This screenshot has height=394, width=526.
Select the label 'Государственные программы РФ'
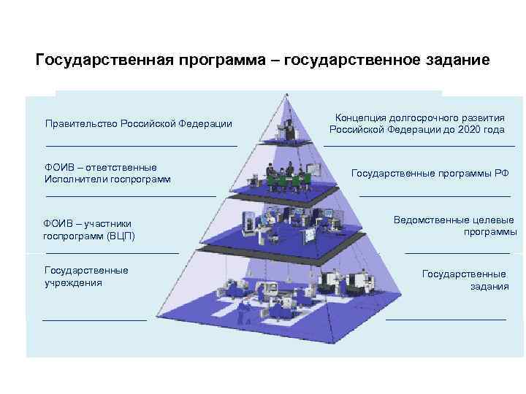[430, 173]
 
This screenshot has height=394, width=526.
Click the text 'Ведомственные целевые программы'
[454, 225]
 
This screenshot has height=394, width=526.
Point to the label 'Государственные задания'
[465, 279]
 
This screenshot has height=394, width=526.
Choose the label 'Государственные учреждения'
[86, 277]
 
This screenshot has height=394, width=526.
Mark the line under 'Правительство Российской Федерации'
[142, 146]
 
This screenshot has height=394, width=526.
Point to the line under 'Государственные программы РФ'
[435, 196]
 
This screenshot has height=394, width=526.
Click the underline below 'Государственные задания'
[446, 320]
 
